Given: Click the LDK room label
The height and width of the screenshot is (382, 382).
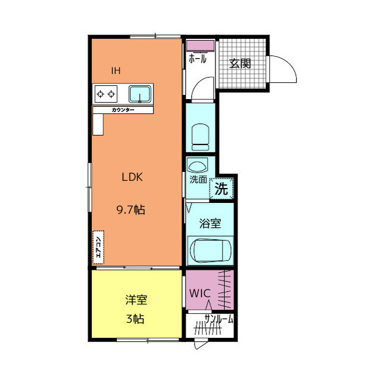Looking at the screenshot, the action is (132, 177).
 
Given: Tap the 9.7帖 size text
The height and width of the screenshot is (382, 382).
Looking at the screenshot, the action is (131, 210).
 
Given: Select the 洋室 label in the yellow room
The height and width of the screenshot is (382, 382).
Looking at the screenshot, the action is (136, 300).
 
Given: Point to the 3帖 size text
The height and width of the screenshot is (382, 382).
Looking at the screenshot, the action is (135, 319).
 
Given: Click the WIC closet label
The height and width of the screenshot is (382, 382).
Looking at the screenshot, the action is (200, 293).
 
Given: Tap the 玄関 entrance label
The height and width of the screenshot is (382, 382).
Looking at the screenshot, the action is (240, 64).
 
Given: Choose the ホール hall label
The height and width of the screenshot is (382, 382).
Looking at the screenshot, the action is (198, 58).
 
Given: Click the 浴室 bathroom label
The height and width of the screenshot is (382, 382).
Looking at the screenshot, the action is (210, 223).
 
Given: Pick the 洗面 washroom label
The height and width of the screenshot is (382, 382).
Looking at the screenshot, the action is (198, 180).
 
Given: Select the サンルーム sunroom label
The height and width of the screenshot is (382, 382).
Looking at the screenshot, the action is (218, 319).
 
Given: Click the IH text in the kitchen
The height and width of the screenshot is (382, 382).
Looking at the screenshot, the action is (116, 70).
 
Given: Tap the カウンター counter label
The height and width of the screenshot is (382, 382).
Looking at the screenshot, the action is (123, 110).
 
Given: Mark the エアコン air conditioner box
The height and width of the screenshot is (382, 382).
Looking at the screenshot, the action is (98, 247).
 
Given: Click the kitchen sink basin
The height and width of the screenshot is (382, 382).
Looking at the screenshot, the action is (140, 94).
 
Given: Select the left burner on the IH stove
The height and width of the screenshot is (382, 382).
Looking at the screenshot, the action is (100, 94).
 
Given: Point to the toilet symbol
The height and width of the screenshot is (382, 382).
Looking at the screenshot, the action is (201, 137).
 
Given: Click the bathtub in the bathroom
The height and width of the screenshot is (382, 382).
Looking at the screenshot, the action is (210, 251).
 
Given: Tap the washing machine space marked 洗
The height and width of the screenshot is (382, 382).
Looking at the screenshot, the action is (221, 189).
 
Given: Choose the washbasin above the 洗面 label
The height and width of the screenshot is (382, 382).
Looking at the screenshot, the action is (198, 166).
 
